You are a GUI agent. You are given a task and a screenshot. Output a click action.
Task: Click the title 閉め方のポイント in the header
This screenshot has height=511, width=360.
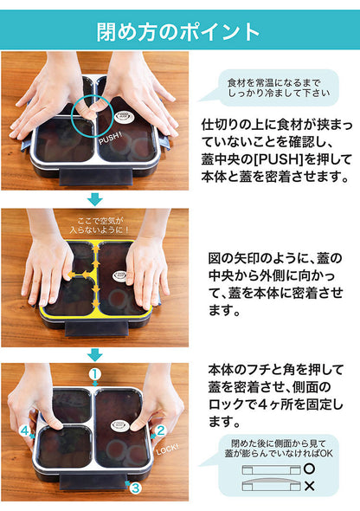tap(179, 31)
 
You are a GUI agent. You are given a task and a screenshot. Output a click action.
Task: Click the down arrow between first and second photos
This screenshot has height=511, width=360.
tap(95, 198)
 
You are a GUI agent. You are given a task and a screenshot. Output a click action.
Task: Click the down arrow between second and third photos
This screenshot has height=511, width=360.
tap(95, 354)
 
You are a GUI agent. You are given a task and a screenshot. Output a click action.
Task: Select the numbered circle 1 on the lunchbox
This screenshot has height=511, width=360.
tap(95, 374)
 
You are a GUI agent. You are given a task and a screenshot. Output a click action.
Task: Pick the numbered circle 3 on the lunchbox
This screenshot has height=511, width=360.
tap(134, 488)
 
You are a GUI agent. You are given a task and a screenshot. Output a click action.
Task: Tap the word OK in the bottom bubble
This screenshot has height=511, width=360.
tap(328, 450)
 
